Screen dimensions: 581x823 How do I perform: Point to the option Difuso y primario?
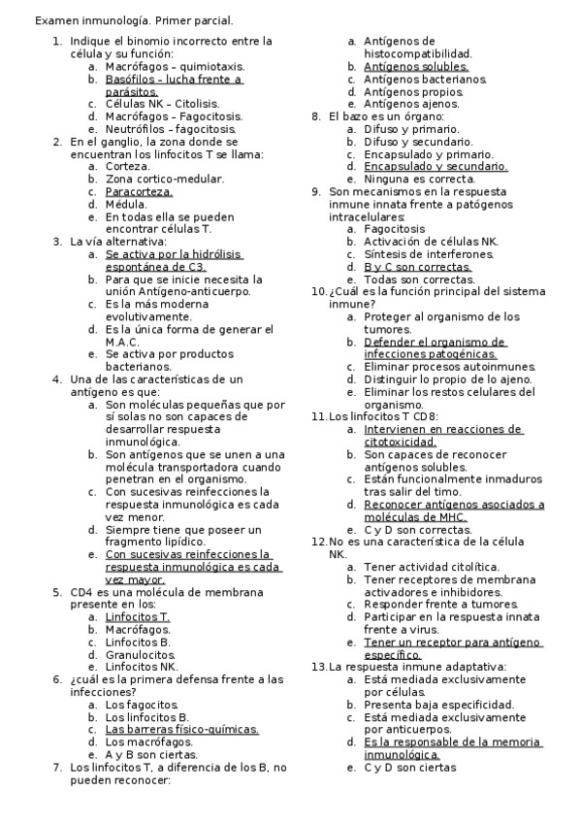point(405,129)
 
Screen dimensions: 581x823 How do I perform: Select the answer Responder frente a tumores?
point(436,605)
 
